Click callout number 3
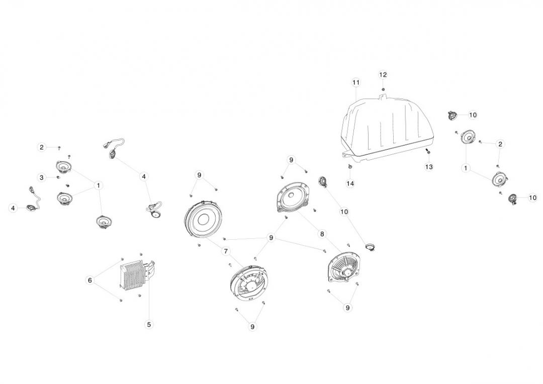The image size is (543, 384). pyautogui.click(x=42, y=177)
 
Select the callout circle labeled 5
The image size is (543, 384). pyautogui.click(x=149, y=325)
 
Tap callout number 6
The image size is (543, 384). pyautogui.click(x=90, y=280)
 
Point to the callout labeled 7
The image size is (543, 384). pyautogui.click(x=226, y=251)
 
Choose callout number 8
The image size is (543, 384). pyautogui.click(x=322, y=234)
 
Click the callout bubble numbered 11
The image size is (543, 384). pyautogui.click(x=356, y=82)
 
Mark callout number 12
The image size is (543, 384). pyautogui.click(x=383, y=75)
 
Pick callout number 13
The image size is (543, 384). pyautogui.click(x=429, y=167)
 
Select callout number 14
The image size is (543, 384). pyautogui.click(x=350, y=183)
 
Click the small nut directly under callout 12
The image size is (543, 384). pyautogui.click(x=383, y=89)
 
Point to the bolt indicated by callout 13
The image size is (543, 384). pyautogui.click(x=428, y=151)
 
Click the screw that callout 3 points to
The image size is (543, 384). pyautogui.click(x=58, y=177)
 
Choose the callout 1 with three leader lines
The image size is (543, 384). pyautogui.click(x=99, y=185)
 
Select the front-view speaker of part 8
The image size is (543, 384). pyautogui.click(x=294, y=199)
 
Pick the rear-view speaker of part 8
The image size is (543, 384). pyautogui.click(x=344, y=269)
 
